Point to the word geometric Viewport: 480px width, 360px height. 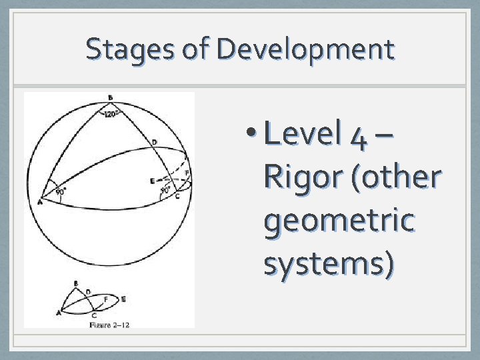click(x=339, y=220)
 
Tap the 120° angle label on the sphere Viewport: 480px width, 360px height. click(x=111, y=113)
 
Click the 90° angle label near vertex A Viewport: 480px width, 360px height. click(x=60, y=192)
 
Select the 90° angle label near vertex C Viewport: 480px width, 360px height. click(x=165, y=190)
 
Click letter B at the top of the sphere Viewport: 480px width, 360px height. click(x=110, y=98)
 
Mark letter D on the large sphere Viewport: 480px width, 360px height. click(x=155, y=142)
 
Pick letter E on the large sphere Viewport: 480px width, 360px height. click(x=152, y=181)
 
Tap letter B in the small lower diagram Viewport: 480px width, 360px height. click(x=75, y=284)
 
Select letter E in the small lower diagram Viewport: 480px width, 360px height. click(x=123, y=299)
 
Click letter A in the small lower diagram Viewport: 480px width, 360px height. click(x=59, y=312)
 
